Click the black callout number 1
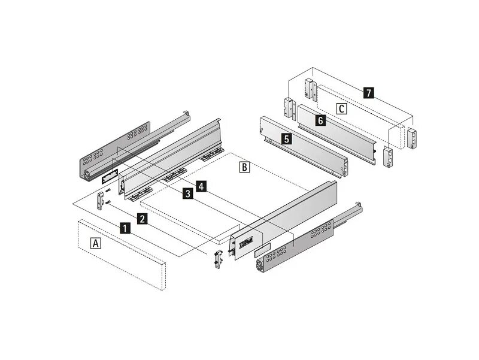pyautogui.click(x=125, y=228)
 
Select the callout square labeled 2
pyautogui.click(x=143, y=218)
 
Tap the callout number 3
pyautogui.click(x=187, y=193)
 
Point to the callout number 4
pyautogui.click(x=201, y=186)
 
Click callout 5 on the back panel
pyautogui.click(x=287, y=139)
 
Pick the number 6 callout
pyautogui.click(x=321, y=120)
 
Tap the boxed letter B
pyautogui.click(x=244, y=167)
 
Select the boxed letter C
pyautogui.click(x=341, y=108)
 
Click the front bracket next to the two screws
pyautogui.click(x=99, y=201)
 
